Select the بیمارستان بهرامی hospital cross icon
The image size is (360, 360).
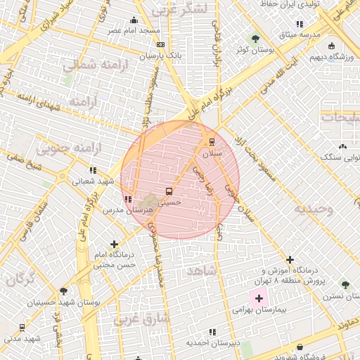[258, 299]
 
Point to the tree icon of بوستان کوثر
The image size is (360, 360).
[255, 39]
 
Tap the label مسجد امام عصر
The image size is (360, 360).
[134, 31]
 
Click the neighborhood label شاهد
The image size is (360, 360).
[201, 270]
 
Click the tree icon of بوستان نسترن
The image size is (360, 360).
[345, 284]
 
